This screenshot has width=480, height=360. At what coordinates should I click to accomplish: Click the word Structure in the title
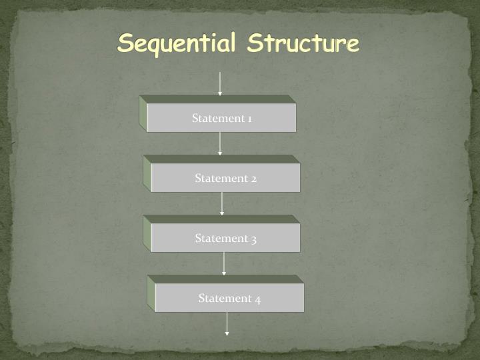[x=303, y=43]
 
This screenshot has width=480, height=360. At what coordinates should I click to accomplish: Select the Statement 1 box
[x=221, y=118]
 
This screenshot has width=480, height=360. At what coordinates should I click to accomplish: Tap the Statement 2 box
[x=225, y=178]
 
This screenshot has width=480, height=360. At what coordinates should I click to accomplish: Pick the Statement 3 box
[x=225, y=238]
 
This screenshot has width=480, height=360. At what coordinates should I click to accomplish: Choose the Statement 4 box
[x=229, y=298]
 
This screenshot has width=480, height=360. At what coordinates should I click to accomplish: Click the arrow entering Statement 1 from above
[x=219, y=83]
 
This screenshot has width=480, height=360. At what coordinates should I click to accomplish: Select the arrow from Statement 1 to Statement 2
[x=220, y=143]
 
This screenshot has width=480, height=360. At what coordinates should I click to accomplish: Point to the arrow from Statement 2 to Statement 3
[x=222, y=203]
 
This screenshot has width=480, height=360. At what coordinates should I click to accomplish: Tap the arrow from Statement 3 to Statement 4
[x=224, y=263]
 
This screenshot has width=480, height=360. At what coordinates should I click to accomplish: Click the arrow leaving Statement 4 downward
[x=227, y=323]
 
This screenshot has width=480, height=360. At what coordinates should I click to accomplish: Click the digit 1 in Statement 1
[x=249, y=119]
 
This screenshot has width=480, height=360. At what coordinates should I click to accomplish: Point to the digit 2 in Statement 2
[x=253, y=179]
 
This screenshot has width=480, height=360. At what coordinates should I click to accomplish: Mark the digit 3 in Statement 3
[x=253, y=239]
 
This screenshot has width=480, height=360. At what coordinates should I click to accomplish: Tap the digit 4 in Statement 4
[x=257, y=299]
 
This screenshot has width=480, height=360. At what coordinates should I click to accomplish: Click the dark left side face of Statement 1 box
[x=143, y=114]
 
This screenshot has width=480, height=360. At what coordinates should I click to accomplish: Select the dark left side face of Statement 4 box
[x=151, y=294]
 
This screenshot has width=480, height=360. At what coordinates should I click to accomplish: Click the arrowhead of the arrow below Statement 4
[x=227, y=333]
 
